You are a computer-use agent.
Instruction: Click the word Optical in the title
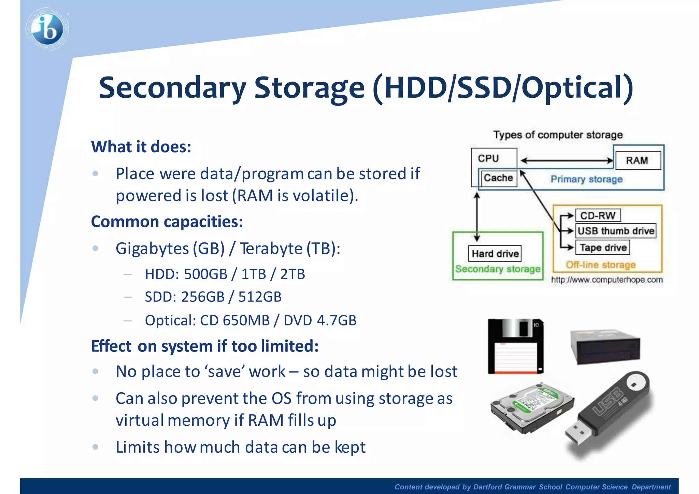[x=573, y=88]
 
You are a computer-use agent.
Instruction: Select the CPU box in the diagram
[x=488, y=158]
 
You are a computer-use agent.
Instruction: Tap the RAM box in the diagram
[x=637, y=160]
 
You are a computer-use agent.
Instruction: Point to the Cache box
[x=498, y=178]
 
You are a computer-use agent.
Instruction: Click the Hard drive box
[x=495, y=254]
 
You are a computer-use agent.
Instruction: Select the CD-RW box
[x=598, y=216]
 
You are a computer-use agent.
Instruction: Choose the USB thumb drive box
[x=616, y=231]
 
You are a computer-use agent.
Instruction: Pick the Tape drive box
[x=603, y=248]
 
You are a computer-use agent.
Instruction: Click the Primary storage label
[x=586, y=179]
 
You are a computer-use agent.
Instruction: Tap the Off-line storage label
[x=601, y=265]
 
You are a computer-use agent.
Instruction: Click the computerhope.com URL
[x=607, y=280]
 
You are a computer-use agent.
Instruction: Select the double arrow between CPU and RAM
[x=567, y=160]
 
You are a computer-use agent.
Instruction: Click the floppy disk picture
[x=515, y=347]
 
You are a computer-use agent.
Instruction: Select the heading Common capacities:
[x=167, y=222]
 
